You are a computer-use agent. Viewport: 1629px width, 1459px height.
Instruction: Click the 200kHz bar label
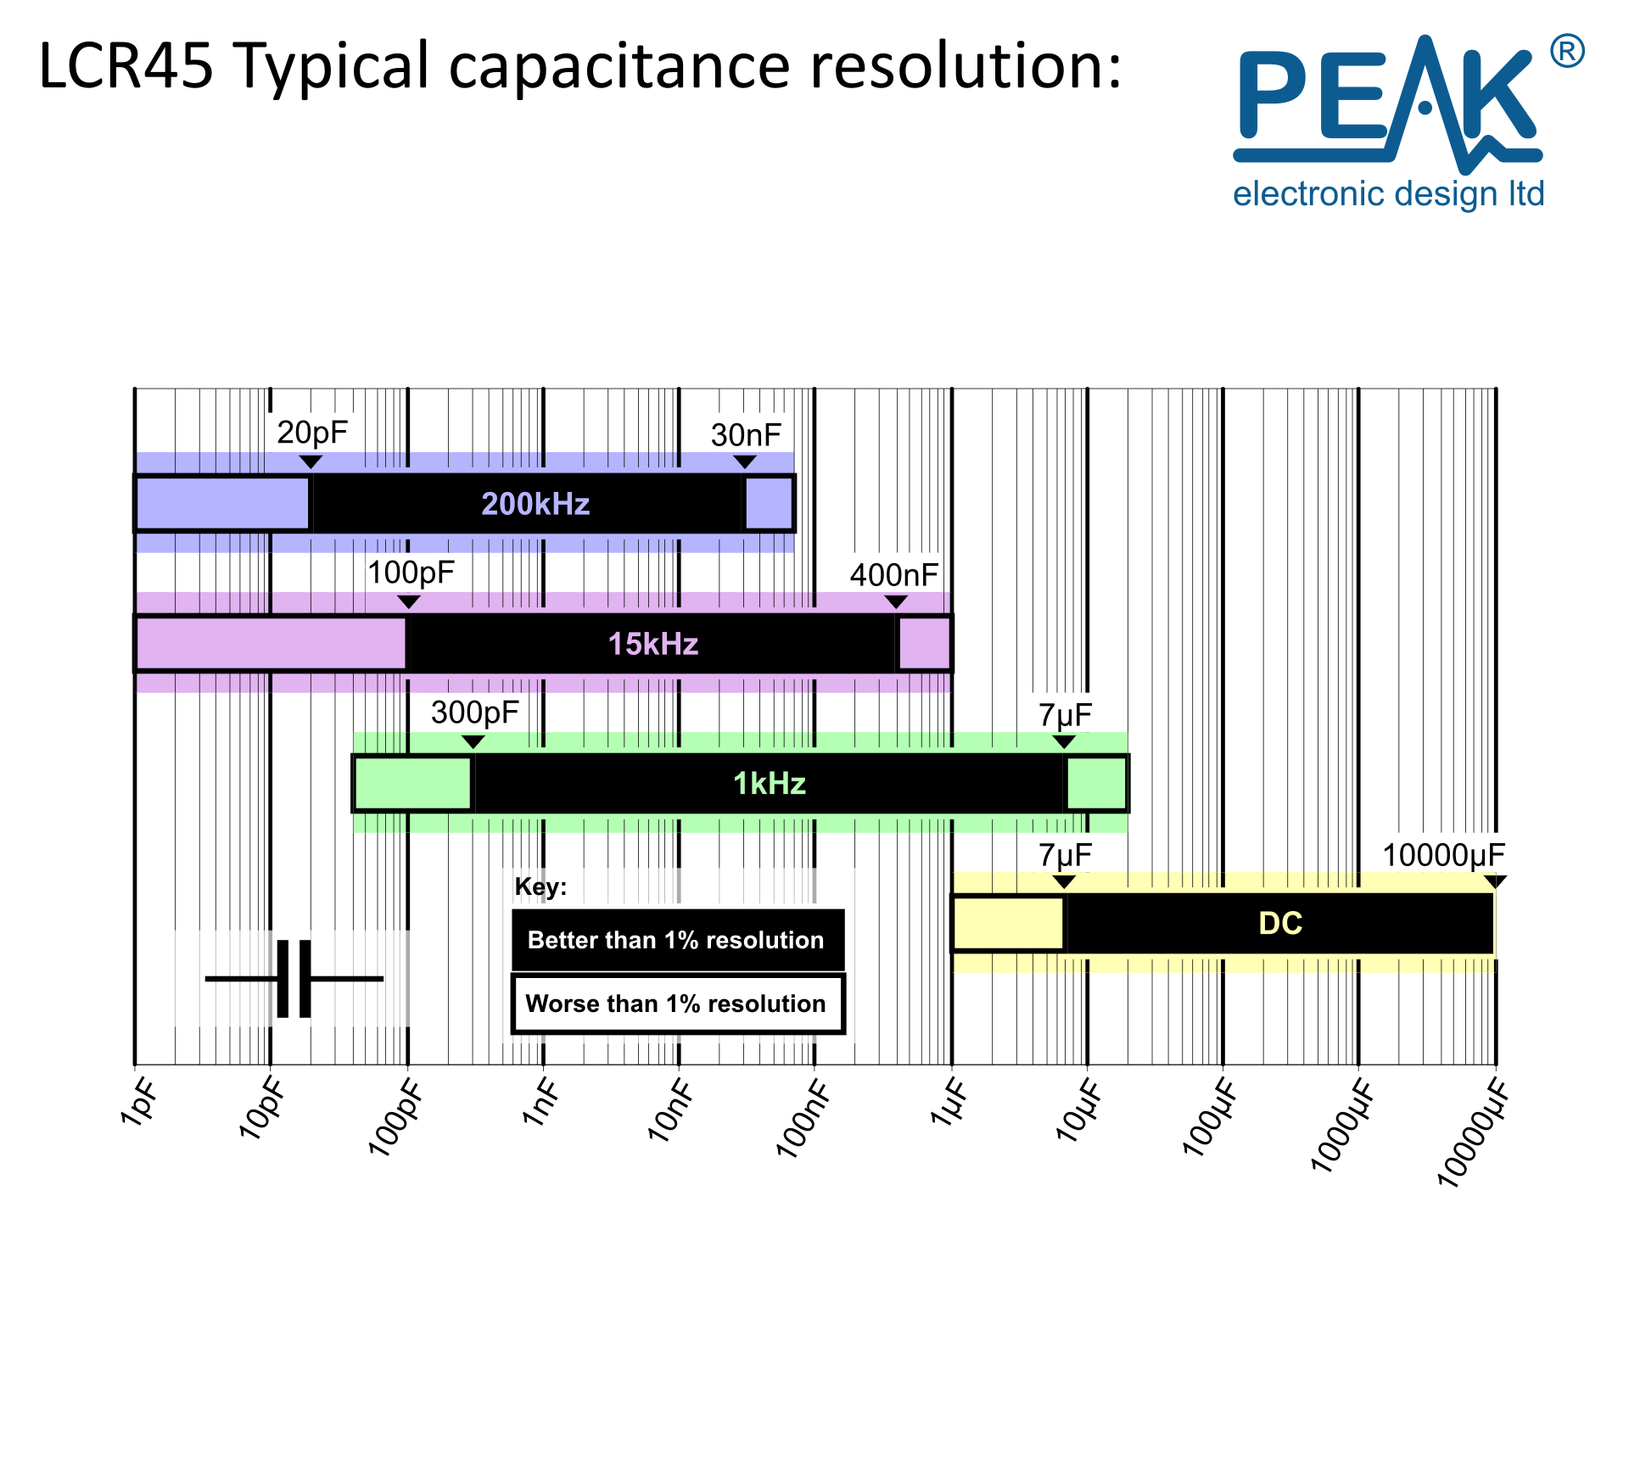(x=535, y=504)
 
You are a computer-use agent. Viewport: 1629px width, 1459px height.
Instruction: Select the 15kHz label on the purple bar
(x=653, y=644)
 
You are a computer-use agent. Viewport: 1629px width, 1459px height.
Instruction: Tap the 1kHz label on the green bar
(x=770, y=784)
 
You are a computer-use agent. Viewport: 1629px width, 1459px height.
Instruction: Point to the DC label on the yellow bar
(x=1280, y=923)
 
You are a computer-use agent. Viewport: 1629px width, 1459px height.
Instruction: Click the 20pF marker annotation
(x=312, y=433)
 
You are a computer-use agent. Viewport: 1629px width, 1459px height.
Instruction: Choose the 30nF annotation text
(x=746, y=435)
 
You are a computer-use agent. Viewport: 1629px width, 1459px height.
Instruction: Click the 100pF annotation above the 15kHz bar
(x=411, y=573)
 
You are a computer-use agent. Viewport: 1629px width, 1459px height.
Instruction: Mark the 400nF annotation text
(x=894, y=575)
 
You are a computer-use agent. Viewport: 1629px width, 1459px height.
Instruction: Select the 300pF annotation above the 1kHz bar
(x=474, y=713)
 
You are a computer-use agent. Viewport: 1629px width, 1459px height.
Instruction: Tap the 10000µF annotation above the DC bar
(x=1444, y=855)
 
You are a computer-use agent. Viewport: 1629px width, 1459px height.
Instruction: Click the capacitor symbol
(x=294, y=978)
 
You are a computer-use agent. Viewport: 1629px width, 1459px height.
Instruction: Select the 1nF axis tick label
(x=540, y=1103)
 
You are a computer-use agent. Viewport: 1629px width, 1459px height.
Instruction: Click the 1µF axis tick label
(x=949, y=1103)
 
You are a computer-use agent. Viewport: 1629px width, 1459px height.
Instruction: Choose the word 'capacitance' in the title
(x=619, y=66)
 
